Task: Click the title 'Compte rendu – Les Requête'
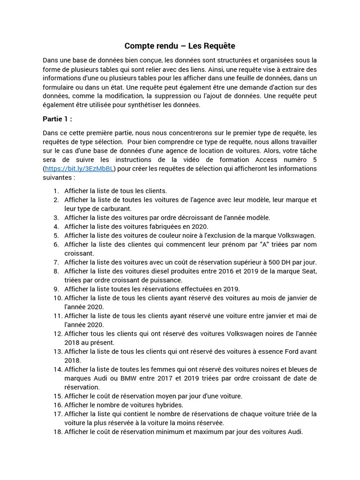[x=180, y=46]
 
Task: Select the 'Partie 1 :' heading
[x=57, y=119]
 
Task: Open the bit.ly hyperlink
[x=79, y=169]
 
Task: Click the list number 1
[x=56, y=191]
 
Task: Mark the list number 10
[x=57, y=298]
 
